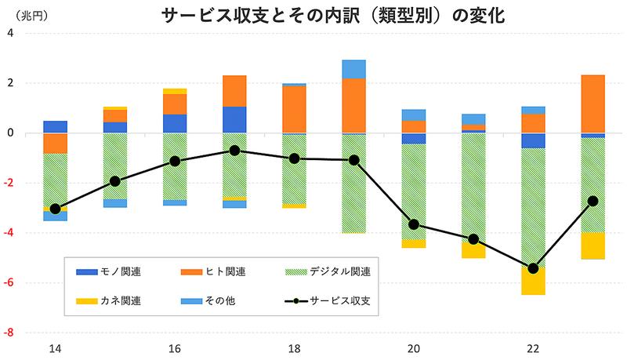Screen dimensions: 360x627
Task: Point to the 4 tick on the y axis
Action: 12,33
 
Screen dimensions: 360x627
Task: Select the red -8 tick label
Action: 10,332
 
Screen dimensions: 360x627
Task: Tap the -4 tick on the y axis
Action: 10,232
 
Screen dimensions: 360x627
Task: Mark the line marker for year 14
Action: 55,209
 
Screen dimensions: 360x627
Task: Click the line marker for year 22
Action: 533,268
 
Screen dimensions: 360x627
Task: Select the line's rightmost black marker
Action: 593,201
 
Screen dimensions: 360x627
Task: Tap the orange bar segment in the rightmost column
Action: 593,104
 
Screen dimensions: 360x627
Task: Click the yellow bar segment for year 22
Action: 533,282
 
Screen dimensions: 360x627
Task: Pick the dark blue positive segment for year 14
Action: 55,127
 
